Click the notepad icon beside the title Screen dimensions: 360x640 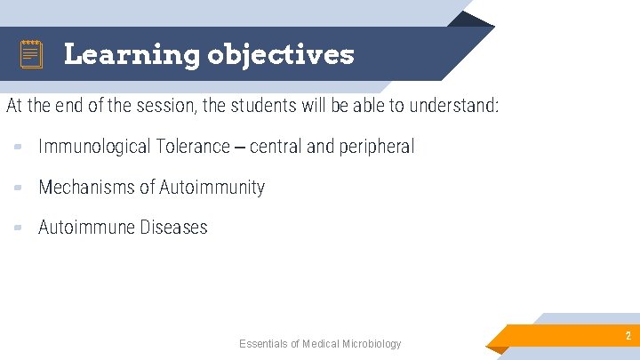click(31, 55)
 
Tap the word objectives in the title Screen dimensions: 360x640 click(280, 55)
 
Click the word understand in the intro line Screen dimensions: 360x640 click(452, 107)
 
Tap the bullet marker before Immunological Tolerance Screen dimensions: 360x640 click(19, 148)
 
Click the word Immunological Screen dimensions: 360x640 click(94, 147)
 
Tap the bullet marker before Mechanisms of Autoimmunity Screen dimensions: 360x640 click(19, 188)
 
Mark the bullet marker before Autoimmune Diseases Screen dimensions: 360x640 click(19, 228)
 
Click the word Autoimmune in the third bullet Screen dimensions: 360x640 click(84, 227)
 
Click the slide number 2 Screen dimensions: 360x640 click(628, 336)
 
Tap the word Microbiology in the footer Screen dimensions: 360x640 click(372, 344)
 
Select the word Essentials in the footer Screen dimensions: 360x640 click(263, 344)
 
